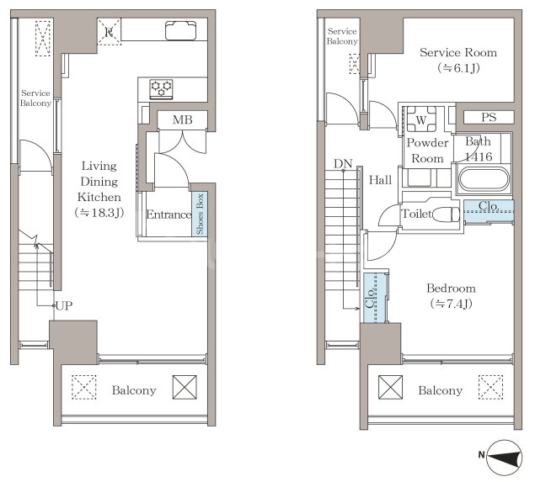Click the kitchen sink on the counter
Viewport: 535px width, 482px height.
[x=181, y=30]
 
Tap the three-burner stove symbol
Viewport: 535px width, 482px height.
[x=162, y=89]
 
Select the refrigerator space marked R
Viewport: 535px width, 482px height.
[x=109, y=32]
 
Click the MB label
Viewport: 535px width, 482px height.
[x=182, y=119]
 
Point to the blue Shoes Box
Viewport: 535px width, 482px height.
[x=200, y=214]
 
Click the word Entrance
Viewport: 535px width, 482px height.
[x=169, y=215]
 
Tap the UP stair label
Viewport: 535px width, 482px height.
[x=64, y=306]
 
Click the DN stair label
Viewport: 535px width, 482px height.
[x=343, y=164]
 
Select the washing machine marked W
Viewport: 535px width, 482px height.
[x=421, y=119]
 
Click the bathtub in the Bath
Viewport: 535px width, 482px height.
[x=484, y=179]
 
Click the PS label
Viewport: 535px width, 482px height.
[x=489, y=117]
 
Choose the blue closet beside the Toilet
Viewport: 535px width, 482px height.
[x=489, y=211]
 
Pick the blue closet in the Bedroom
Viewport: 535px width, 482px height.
[x=375, y=298]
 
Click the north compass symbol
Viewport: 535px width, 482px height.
[x=505, y=457]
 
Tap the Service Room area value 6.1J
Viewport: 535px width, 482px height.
[x=458, y=68]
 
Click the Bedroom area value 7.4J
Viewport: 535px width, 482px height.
[x=451, y=304]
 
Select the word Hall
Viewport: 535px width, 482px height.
[x=380, y=180]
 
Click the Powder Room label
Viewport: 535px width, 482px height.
[x=427, y=151]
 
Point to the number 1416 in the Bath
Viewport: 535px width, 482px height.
[x=479, y=156]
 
